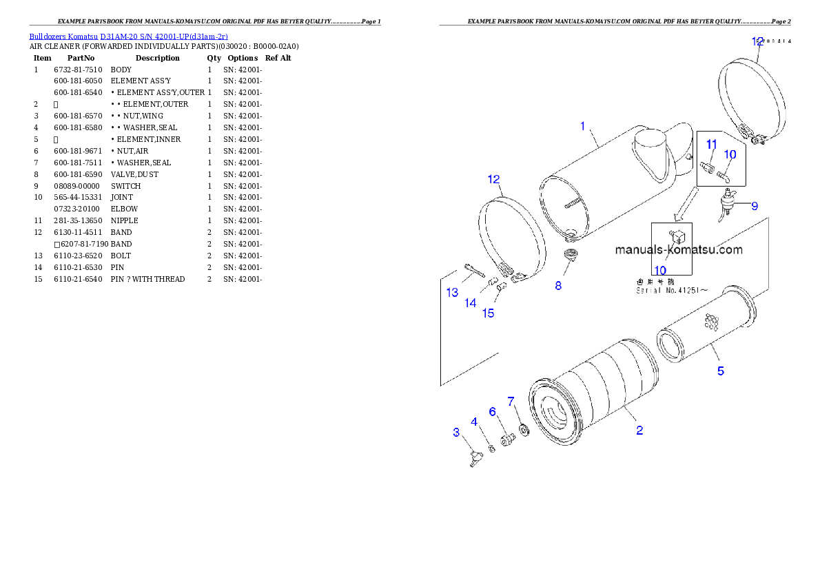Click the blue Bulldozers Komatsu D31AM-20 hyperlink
(x=128, y=37)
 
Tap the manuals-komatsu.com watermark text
(x=679, y=249)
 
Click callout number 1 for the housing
(x=582, y=126)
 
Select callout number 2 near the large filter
(x=639, y=431)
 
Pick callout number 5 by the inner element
(x=720, y=371)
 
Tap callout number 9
(x=754, y=205)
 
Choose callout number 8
(x=558, y=285)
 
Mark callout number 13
(x=452, y=293)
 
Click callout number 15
(x=488, y=313)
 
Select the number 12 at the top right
(x=757, y=41)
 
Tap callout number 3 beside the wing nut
(x=456, y=432)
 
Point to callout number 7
(x=511, y=401)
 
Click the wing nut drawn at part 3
(x=475, y=458)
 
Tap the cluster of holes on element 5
(x=712, y=321)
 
